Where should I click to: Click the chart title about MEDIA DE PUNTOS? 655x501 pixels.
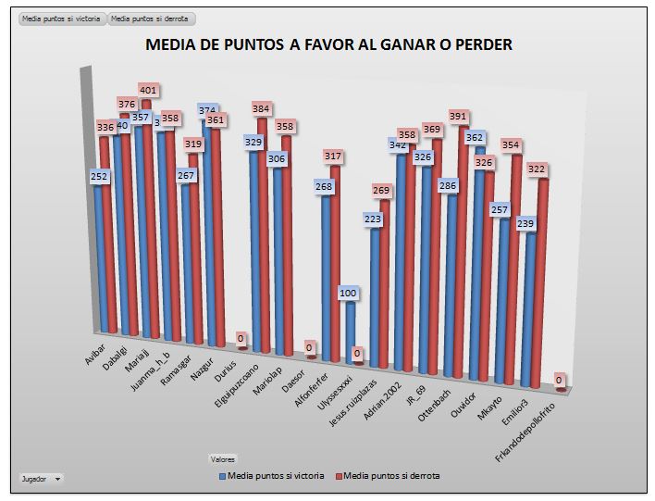pos(328,44)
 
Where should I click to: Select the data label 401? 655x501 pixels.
pos(149,91)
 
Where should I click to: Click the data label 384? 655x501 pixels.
pos(261,109)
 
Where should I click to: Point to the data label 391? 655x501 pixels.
pos(459,117)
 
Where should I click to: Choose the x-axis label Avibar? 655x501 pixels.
pos(95,357)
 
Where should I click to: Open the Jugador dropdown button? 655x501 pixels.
pos(58,479)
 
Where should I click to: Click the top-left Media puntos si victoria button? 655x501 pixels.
pos(62,19)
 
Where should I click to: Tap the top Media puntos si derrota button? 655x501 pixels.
pos(150,19)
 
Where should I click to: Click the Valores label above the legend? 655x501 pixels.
pos(223,458)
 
